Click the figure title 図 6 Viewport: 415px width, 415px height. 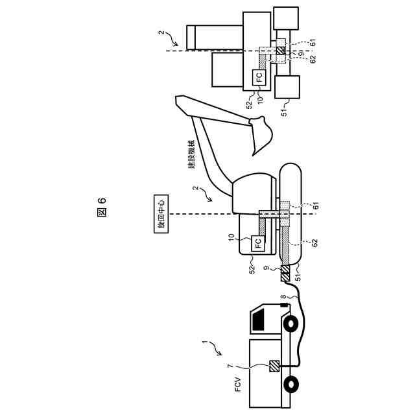[101, 208]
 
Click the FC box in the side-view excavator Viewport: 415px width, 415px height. [258, 244]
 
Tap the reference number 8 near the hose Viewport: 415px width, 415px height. [283, 301]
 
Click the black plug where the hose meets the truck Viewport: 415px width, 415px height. [286, 304]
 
